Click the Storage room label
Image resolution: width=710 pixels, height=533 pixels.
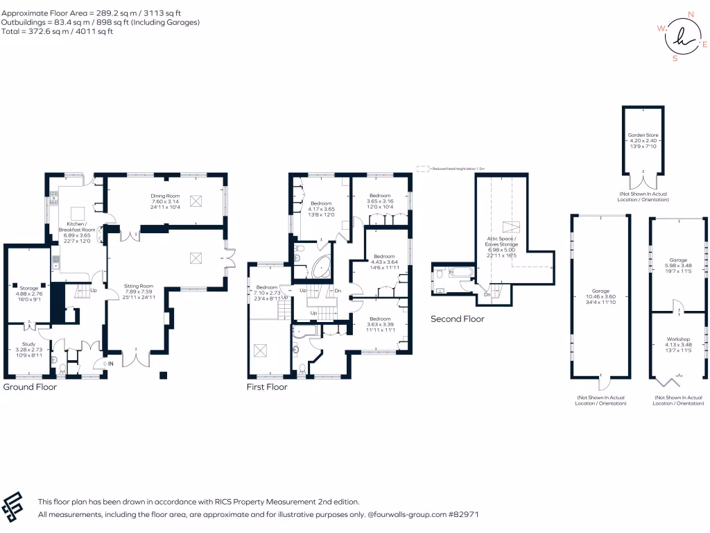coord(28,287)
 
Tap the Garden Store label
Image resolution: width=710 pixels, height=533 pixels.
coord(643,135)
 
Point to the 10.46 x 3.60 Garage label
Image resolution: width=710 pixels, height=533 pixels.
coord(600,291)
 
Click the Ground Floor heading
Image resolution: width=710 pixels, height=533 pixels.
coord(31,387)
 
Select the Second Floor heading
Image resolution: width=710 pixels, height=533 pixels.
coord(458,319)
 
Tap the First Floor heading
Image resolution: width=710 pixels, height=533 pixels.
coord(267,387)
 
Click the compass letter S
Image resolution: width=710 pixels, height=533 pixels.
coord(675,58)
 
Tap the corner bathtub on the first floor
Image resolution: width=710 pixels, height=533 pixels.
coord(322,266)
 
